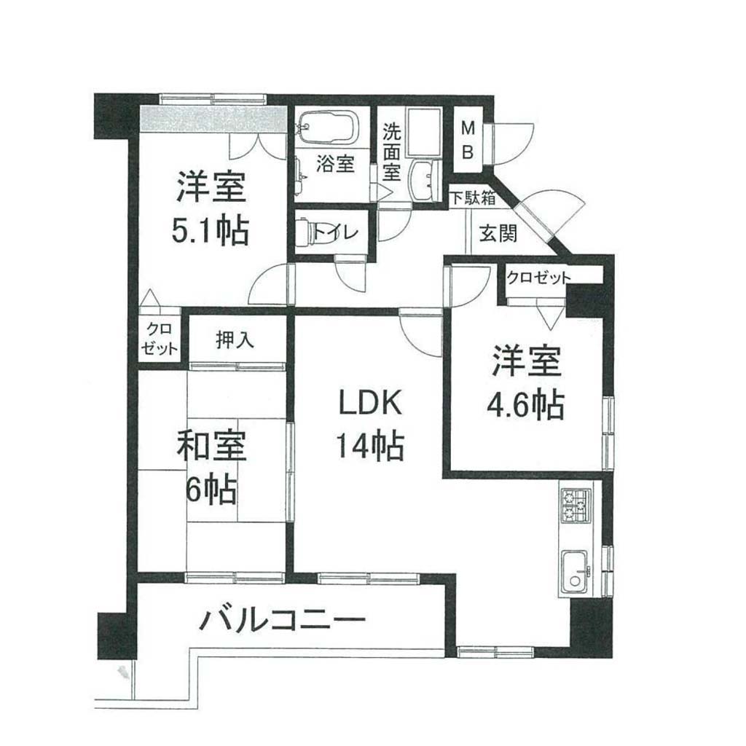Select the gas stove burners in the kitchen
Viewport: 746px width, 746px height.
point(576,506)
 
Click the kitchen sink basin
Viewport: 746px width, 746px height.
point(576,573)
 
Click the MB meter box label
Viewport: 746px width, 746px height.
point(468,140)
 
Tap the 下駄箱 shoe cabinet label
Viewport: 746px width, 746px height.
point(473,197)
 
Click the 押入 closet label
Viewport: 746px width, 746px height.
point(235,339)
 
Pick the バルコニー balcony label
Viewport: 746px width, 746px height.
point(283,620)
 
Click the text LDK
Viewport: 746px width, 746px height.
point(370,403)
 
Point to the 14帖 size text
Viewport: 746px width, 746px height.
point(370,445)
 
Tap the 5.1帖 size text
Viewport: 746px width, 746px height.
point(211,230)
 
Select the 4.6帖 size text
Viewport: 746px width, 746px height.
point(525,404)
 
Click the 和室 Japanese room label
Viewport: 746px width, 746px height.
point(211,446)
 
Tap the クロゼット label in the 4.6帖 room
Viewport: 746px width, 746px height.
point(538,278)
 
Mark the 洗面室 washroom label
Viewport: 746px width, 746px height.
point(391,152)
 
